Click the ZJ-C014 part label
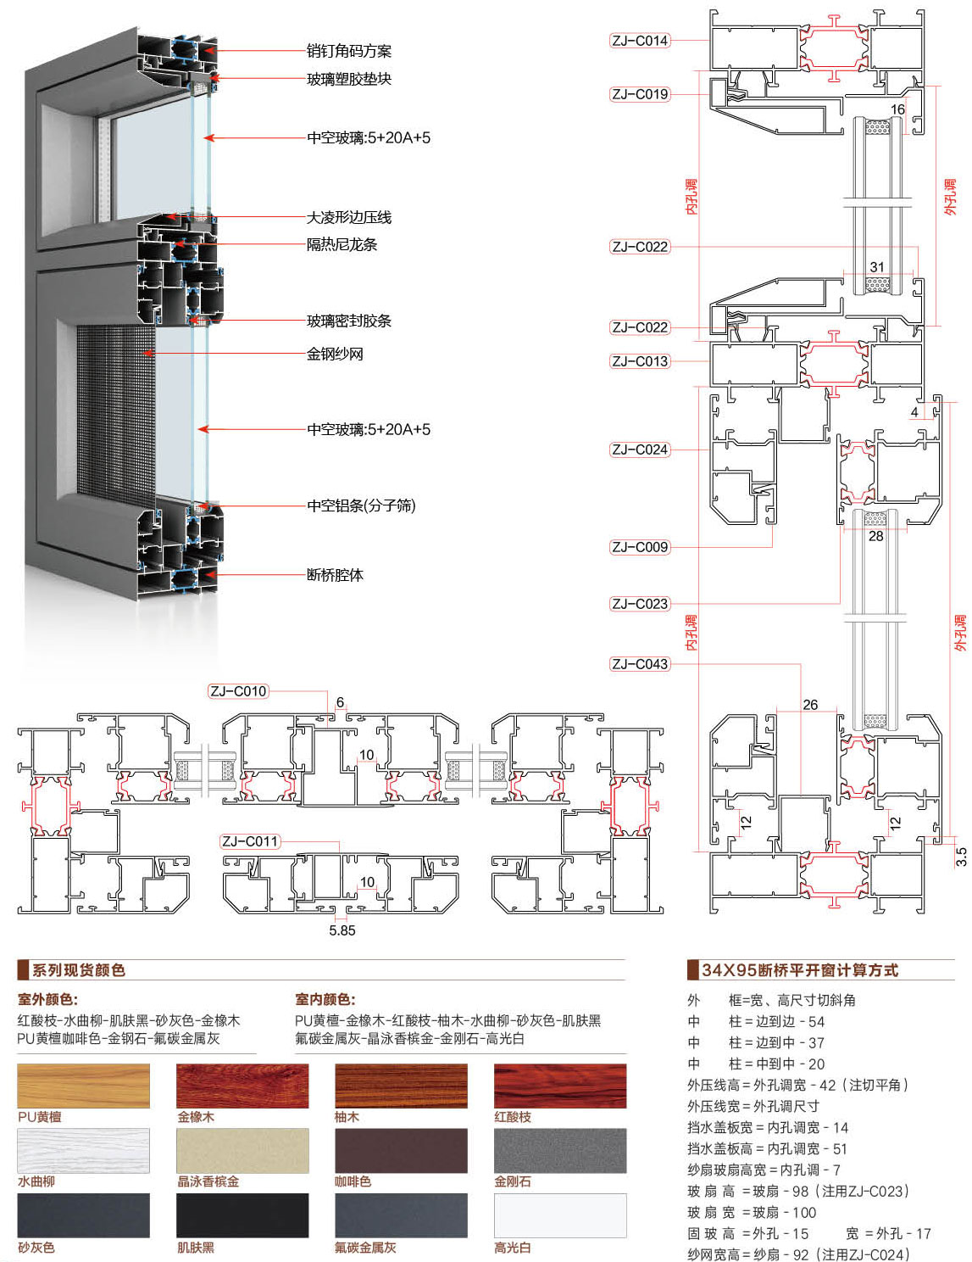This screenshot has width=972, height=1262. (640, 41)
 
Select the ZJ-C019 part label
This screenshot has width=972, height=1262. (640, 94)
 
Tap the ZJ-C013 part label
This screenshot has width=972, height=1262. (640, 361)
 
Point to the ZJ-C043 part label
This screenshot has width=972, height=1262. (640, 664)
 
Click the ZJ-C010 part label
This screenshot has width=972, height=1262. (238, 691)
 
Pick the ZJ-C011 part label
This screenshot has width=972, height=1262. (249, 841)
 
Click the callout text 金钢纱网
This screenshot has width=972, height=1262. (335, 354)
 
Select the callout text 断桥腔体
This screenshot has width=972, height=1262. (335, 575)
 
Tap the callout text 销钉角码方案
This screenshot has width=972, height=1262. (348, 51)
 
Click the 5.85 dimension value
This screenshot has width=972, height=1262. (342, 930)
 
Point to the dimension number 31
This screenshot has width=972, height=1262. (877, 267)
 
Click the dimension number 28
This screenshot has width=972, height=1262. (876, 536)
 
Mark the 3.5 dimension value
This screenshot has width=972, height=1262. (961, 857)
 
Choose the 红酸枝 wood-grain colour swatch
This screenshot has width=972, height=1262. (560, 1086)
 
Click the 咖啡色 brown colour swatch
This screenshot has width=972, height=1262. (401, 1151)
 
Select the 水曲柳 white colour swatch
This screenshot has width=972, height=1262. (83, 1151)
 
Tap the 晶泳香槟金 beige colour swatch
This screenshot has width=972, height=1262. (242, 1151)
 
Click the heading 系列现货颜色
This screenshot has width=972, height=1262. (79, 970)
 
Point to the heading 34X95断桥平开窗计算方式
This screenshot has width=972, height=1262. (800, 970)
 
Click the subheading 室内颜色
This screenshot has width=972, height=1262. (325, 1000)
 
